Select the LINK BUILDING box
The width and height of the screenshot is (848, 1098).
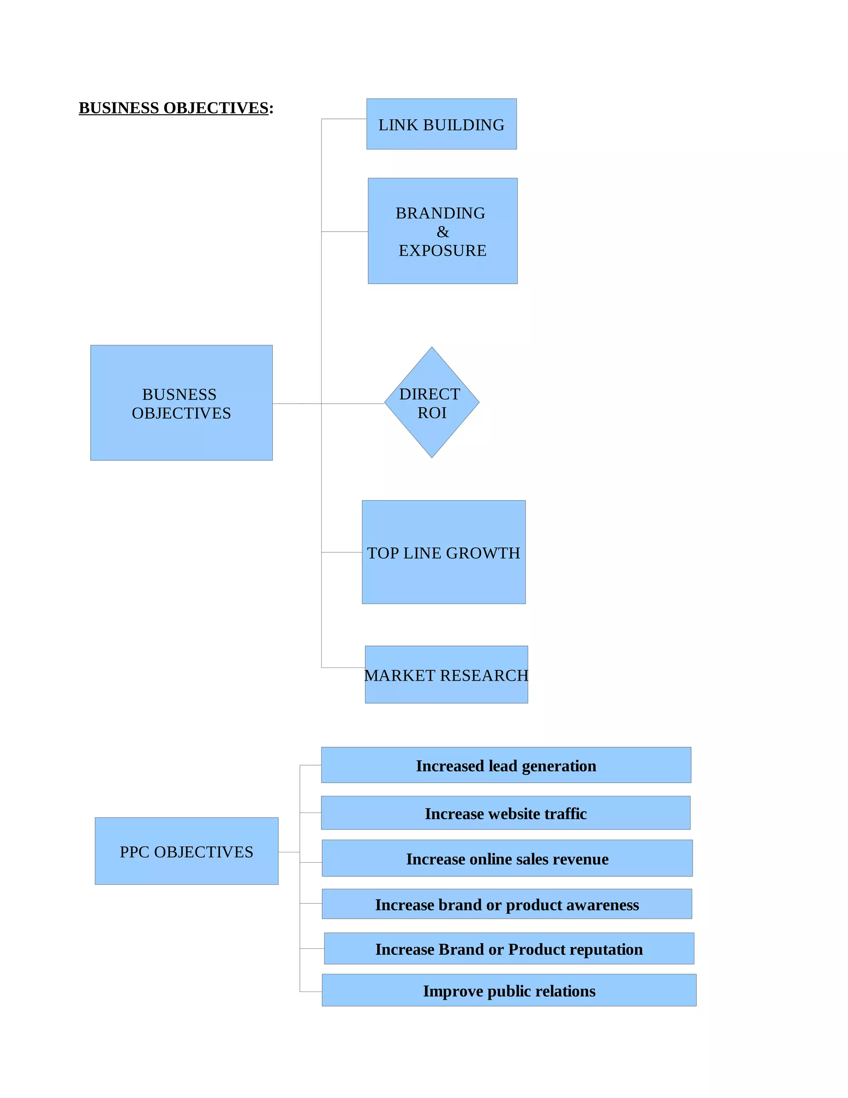click(x=441, y=124)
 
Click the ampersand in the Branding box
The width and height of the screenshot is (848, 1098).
click(x=443, y=232)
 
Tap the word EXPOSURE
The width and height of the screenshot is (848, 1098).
click(x=443, y=250)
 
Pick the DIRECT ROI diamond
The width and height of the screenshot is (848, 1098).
click(x=431, y=402)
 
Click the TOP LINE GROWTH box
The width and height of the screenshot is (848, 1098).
click(x=443, y=552)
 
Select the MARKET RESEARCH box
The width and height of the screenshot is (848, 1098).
click(x=446, y=675)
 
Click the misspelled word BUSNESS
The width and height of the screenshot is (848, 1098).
click(x=179, y=394)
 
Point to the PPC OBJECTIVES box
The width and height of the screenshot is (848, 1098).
click(x=186, y=851)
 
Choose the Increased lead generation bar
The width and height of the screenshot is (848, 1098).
click(x=506, y=766)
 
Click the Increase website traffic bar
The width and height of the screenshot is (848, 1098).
click(x=506, y=813)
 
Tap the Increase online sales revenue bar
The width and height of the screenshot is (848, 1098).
click(x=507, y=859)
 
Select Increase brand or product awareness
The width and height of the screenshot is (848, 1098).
click(x=506, y=905)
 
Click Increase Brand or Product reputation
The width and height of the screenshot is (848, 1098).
click(x=509, y=949)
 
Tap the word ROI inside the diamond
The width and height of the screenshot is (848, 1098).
click(x=432, y=413)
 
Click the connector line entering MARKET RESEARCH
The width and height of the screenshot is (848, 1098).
click(x=343, y=668)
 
